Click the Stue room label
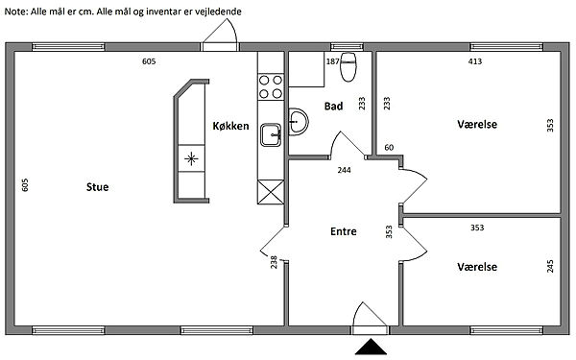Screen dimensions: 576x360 coord(97,187)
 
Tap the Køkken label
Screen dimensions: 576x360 coord(230,126)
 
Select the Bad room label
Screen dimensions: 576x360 coord(333,107)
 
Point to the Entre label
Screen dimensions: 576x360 coord(344,231)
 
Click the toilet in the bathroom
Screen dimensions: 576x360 coord(348,66)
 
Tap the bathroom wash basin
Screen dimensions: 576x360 coord(299,122)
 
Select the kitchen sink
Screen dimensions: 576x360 coord(271,134)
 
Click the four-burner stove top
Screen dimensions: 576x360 coord(271,86)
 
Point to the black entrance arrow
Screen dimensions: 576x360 coord(371,347)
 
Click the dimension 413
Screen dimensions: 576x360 coord(475,61)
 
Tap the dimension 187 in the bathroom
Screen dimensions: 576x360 coord(333,61)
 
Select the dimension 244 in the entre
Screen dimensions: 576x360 coord(345,170)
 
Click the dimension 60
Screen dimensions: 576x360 coord(389,148)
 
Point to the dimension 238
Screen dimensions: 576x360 coord(274,262)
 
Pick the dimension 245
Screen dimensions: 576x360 coord(550,266)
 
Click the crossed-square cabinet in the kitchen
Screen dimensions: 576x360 coord(271,192)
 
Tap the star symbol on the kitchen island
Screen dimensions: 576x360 coord(191,159)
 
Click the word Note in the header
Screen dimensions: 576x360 coord(14,12)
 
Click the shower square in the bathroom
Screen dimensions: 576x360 coord(306,69)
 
